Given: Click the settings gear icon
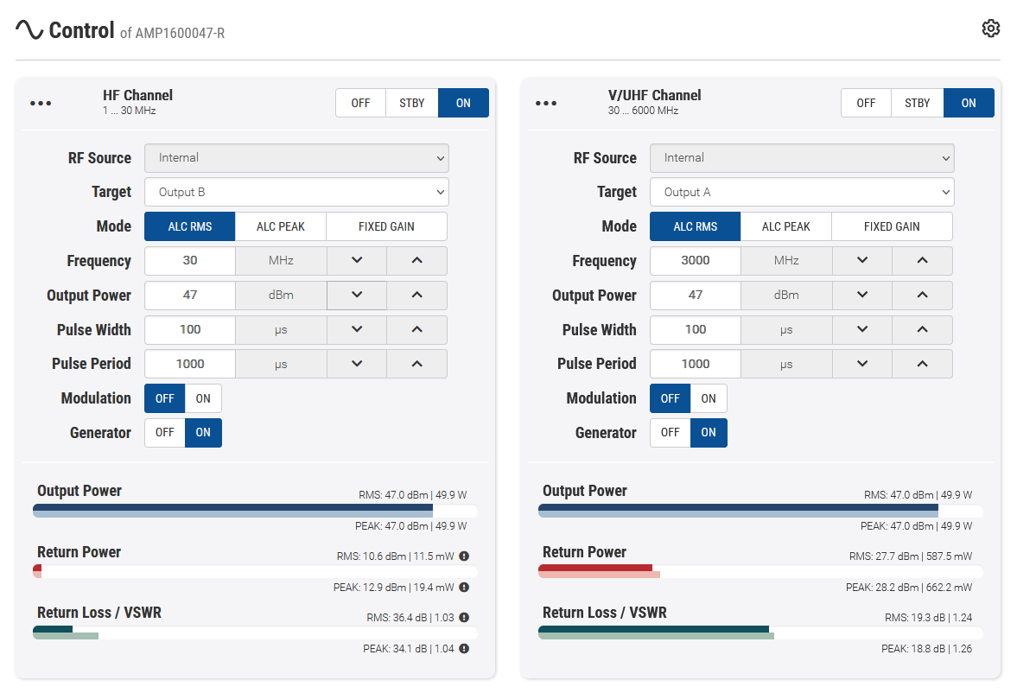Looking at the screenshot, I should coord(991,29).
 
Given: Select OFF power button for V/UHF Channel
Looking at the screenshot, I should coord(866,103).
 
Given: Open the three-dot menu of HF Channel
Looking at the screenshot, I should coord(41,103).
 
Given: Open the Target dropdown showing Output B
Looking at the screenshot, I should coord(296,192).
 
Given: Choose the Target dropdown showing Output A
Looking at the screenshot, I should coord(802,192).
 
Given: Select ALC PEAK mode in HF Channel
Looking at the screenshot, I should coord(281,226).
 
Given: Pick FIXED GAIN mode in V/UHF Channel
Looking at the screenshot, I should coord(892,226).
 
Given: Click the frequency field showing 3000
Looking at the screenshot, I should coord(696,260).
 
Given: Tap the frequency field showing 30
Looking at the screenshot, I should coord(190,260).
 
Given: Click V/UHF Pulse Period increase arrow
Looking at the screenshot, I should coord(922,364).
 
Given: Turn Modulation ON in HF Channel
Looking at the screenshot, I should coord(203,398).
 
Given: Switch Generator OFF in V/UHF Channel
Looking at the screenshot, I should coord(671,433).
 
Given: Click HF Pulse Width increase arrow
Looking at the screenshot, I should coord(416,329).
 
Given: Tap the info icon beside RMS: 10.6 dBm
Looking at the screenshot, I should coord(464,556).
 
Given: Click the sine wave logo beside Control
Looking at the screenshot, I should coord(29,30).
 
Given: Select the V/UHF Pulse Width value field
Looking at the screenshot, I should coord(696,329).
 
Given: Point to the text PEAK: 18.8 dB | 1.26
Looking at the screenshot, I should coord(926,649).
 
